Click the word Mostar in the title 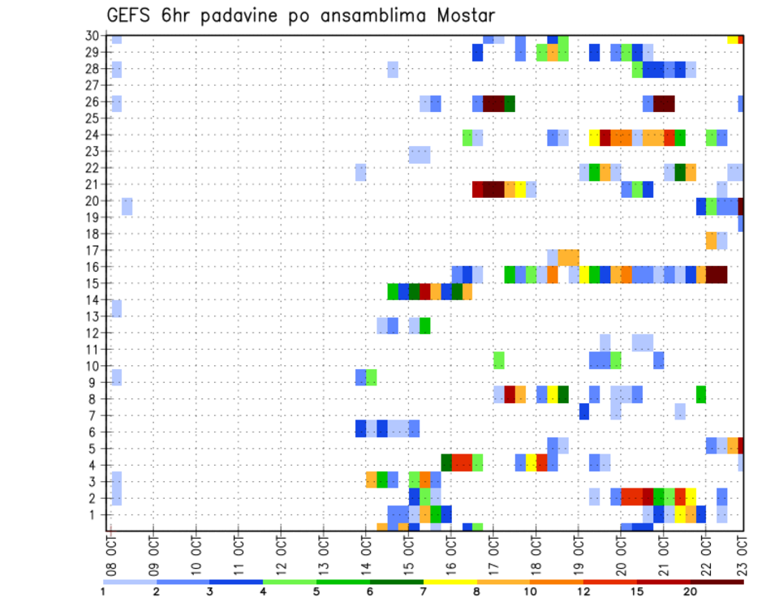click(462, 15)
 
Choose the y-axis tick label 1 click(96, 514)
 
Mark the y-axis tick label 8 click(96, 399)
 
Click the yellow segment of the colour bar click(450, 582)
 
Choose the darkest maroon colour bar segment click(717, 582)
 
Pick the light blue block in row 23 click(420, 154)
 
